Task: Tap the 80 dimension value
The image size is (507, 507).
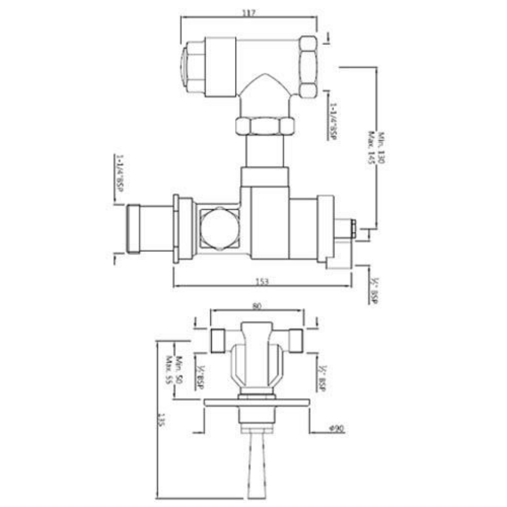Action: pos(257,305)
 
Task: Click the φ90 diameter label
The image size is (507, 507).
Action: pos(336,429)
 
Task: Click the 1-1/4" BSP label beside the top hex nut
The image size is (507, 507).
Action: pos(333,121)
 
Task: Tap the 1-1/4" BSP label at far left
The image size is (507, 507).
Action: pos(119,181)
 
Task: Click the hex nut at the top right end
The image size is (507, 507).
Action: pos(308,67)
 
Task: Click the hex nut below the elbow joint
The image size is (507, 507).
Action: pos(264,127)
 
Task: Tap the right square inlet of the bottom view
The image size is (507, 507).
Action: pos(295,340)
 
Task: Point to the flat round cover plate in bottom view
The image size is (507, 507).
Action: pos(257,402)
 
